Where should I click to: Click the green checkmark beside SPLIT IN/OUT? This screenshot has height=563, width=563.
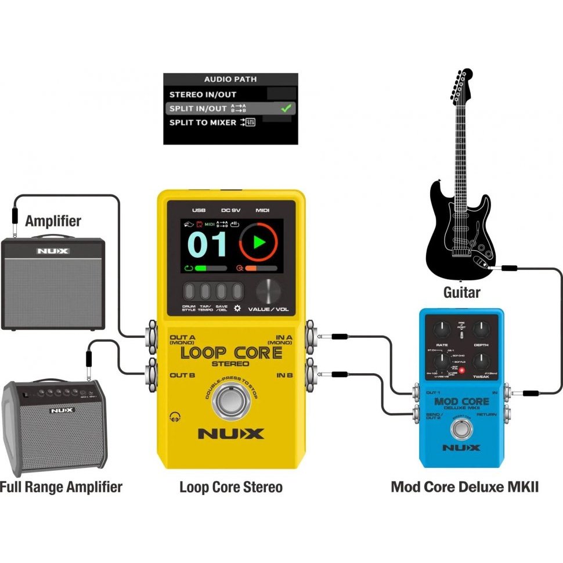coord(285,108)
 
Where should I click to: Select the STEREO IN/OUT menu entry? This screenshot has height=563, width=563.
coord(203,94)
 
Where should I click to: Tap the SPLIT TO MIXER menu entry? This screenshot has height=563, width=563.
coord(203,122)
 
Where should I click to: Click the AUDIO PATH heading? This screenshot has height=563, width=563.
coord(230,79)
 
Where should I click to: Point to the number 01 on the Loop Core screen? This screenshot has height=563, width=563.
coord(207,245)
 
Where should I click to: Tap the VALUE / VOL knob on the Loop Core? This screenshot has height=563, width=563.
coord(268,291)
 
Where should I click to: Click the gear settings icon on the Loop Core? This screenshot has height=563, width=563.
coord(237,308)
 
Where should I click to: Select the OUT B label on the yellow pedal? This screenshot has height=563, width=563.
coord(182,375)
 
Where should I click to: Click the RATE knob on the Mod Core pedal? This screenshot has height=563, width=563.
coord(442,330)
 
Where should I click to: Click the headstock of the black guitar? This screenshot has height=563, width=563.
coord(463,87)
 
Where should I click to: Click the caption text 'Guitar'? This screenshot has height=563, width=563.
coord(462,292)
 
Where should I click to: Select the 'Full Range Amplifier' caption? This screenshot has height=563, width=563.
coord(61,486)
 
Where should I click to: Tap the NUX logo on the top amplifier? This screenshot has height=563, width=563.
coord(53,251)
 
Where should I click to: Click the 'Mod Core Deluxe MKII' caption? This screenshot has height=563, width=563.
coord(464,486)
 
